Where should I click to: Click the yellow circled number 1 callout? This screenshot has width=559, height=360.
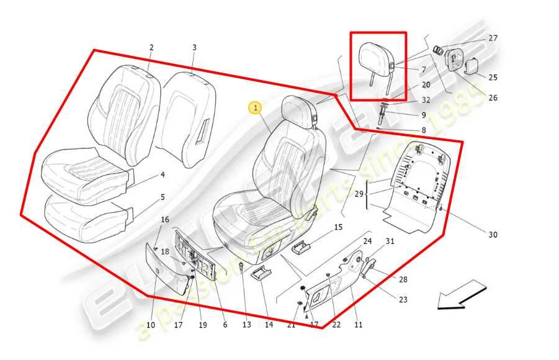coord(255,108)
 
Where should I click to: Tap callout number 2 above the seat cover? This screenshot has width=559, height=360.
coord(151,48)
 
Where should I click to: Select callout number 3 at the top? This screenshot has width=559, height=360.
coord(194,48)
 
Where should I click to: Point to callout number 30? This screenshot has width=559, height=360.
coord(493,235)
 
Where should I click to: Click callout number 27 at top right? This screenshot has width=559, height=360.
coord(493,38)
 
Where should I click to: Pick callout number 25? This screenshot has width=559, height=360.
coord(493,78)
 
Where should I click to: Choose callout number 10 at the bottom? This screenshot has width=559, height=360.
coord(151,325)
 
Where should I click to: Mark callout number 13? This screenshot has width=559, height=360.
coord(247,325)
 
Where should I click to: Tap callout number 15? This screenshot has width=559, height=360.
coord(338,227)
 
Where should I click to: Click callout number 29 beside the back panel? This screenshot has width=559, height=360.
coord(359,195)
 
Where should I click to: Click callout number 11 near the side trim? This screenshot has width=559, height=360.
coord(358,325)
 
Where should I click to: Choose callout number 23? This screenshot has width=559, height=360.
coord(403,300)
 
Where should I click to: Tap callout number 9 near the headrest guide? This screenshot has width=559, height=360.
coord(424,115)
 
